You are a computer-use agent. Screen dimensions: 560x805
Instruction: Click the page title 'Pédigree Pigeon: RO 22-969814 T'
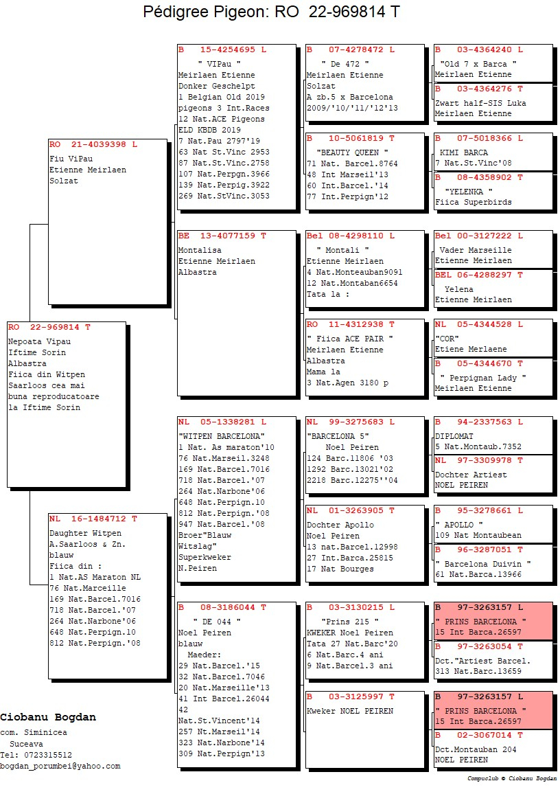point(271,11)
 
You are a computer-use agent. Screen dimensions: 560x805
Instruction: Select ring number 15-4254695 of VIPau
point(227,50)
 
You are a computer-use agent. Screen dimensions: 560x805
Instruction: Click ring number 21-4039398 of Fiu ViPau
point(98,145)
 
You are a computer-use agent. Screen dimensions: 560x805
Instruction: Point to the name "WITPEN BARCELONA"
point(221,436)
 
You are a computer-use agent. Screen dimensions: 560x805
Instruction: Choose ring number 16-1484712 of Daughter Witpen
point(98,519)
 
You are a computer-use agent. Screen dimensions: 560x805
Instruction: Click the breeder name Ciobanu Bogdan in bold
point(47,717)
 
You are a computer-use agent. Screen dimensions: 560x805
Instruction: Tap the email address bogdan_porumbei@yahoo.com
point(60,766)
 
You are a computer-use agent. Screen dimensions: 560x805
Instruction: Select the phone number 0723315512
point(47,755)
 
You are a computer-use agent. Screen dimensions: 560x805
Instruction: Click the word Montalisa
point(200,251)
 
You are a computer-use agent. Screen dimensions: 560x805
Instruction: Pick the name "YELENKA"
point(469,192)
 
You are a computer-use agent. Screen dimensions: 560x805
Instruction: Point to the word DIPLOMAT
point(454,436)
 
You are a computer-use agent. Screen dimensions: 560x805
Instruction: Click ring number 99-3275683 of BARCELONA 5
point(356,422)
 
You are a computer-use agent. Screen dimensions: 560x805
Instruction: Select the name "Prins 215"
point(350,622)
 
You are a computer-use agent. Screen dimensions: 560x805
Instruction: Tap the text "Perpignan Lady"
point(483,378)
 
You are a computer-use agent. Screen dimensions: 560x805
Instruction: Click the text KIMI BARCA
point(464,152)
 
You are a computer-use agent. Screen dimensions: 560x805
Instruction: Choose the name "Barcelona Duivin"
point(482,564)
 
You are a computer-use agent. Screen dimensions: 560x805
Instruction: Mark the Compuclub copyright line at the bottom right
point(512,778)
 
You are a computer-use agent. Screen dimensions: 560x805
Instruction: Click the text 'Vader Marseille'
point(476,251)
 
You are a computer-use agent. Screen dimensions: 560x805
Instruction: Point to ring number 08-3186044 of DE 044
point(227,607)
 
